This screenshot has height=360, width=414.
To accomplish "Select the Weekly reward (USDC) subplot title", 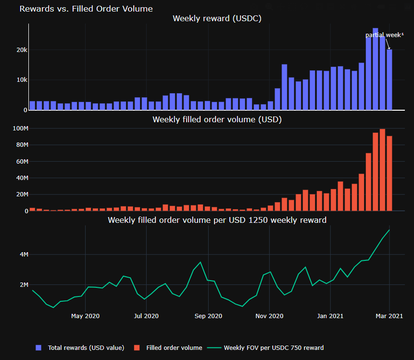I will coord(217,19).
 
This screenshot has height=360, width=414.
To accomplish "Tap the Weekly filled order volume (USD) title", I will coord(217,119).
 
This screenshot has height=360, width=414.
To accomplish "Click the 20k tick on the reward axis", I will coord(21,50).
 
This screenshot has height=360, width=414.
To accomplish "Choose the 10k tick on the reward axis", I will coord(21,80).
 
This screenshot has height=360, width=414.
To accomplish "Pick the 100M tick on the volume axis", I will coord(19,129).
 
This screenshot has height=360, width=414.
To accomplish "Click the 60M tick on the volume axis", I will coord(21,161).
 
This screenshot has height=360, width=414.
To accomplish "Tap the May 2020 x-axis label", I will coord(85,316).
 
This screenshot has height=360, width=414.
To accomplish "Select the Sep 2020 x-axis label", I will coord(208,316).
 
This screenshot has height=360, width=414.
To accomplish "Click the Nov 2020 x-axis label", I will coord(269,316).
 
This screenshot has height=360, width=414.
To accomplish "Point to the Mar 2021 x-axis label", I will coord(389,316).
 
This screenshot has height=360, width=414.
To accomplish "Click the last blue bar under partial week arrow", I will coord(389,79).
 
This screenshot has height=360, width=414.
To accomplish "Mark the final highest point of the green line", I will coord(389,230).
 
